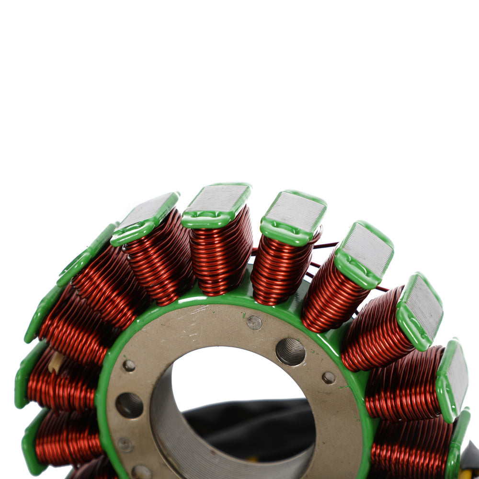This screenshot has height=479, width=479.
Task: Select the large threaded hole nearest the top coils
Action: tap(290, 352)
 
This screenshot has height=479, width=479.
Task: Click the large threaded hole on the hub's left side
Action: tap(129, 405)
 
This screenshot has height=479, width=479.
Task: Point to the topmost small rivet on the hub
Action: tap(254, 322)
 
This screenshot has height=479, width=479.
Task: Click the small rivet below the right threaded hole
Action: tap(328, 378)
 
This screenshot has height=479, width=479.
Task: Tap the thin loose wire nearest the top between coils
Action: tap(331, 246)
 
